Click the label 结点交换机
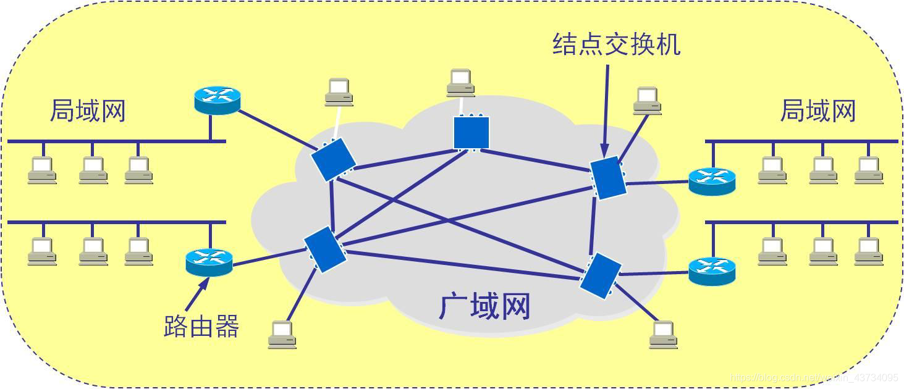[616, 44]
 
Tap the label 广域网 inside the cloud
[484, 306]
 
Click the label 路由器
[201, 326]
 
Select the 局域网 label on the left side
[87, 111]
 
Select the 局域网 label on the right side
[817, 111]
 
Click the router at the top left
[216, 100]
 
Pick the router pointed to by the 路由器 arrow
[209, 262]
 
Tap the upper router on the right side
[712, 182]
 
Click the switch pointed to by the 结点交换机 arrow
[607, 178]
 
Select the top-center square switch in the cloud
[471, 132]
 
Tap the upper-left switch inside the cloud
[333, 159]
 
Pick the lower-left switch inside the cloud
[324, 249]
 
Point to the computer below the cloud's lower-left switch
[282, 335]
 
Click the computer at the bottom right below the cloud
[663, 335]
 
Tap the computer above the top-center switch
[460, 83]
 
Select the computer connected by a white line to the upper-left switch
[339, 92]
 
